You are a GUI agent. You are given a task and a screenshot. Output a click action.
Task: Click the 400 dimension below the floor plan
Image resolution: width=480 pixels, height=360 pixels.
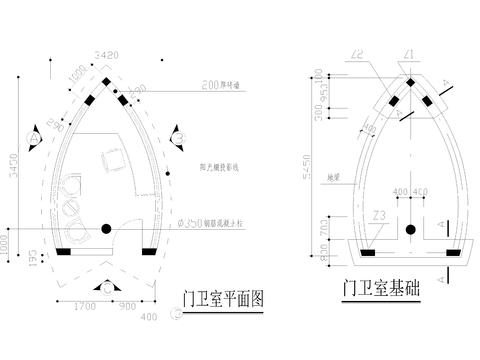[151, 317]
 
